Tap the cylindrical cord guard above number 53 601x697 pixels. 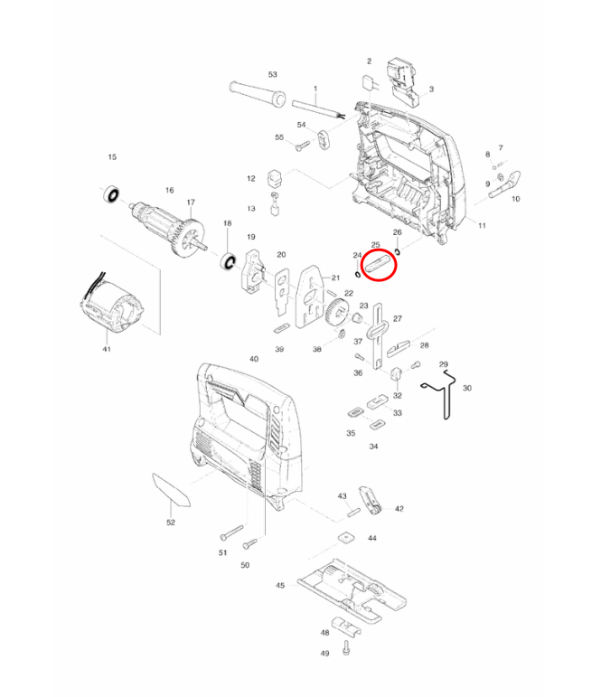pyautogui.click(x=258, y=93)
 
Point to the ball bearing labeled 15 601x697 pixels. pyautogui.click(x=113, y=193)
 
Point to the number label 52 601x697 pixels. pyautogui.click(x=170, y=523)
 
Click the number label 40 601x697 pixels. pyautogui.click(x=254, y=360)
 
